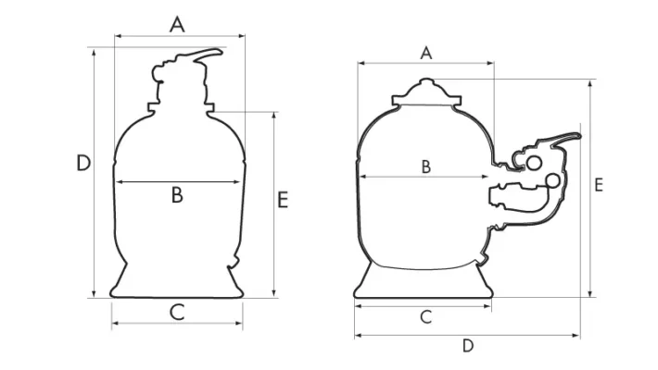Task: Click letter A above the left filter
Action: [x=177, y=24]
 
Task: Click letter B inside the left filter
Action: [x=177, y=194]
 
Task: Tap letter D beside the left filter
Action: [x=83, y=164]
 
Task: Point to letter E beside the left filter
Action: [x=283, y=199]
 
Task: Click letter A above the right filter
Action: [x=426, y=52]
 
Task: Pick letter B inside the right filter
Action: [x=425, y=166]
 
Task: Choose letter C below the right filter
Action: [x=425, y=316]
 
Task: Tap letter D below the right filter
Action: [x=468, y=346]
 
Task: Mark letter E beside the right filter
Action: [x=599, y=185]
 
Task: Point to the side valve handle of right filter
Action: [x=563, y=140]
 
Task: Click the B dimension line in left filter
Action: [x=148, y=182]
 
